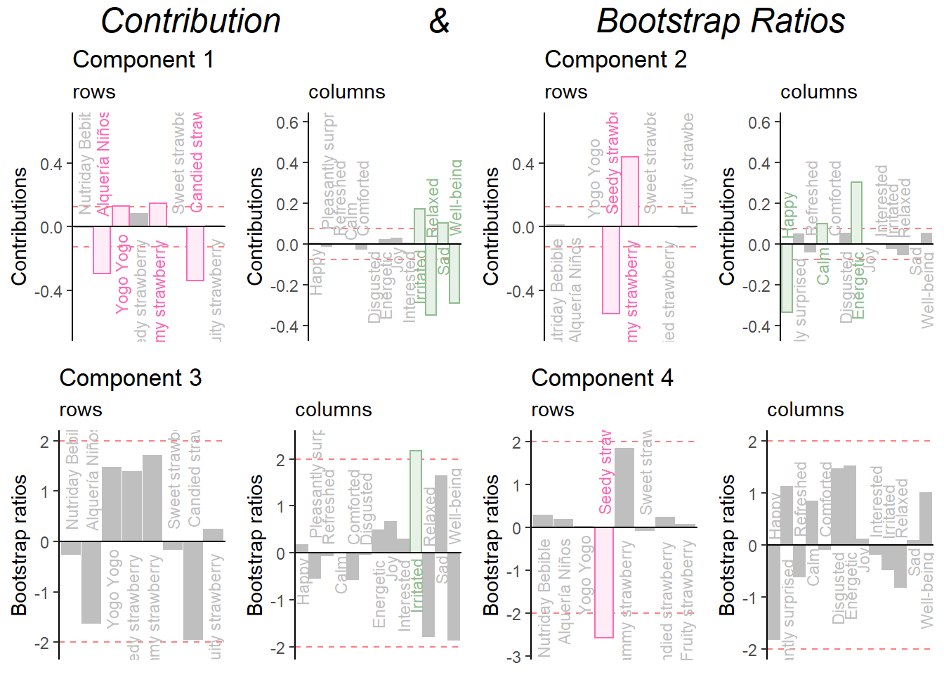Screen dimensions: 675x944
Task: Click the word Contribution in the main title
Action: pos(190,21)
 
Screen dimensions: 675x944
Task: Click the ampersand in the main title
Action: pos(439,21)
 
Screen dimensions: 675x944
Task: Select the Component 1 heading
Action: pos(143,60)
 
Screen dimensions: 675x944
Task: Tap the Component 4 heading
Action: pos(602,378)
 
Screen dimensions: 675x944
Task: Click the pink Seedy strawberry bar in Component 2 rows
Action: pos(611,270)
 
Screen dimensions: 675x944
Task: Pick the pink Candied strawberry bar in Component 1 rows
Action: pos(195,253)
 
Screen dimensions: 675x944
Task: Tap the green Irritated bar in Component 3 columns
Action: pos(416,501)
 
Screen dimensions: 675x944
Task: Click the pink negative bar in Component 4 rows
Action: pos(604,582)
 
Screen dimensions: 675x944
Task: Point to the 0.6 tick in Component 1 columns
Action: pos(287,123)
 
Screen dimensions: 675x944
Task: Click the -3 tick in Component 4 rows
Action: pos(517,657)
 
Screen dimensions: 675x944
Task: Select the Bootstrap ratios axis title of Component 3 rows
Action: pos(19,545)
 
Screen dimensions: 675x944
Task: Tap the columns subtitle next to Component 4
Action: pos(805,410)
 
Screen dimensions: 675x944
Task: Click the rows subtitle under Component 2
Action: pos(565,92)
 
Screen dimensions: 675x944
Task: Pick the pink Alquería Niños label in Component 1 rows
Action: pos(103,163)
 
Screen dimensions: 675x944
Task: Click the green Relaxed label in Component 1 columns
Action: pos(433,208)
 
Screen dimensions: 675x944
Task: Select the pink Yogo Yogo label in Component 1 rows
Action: pos(122,274)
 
